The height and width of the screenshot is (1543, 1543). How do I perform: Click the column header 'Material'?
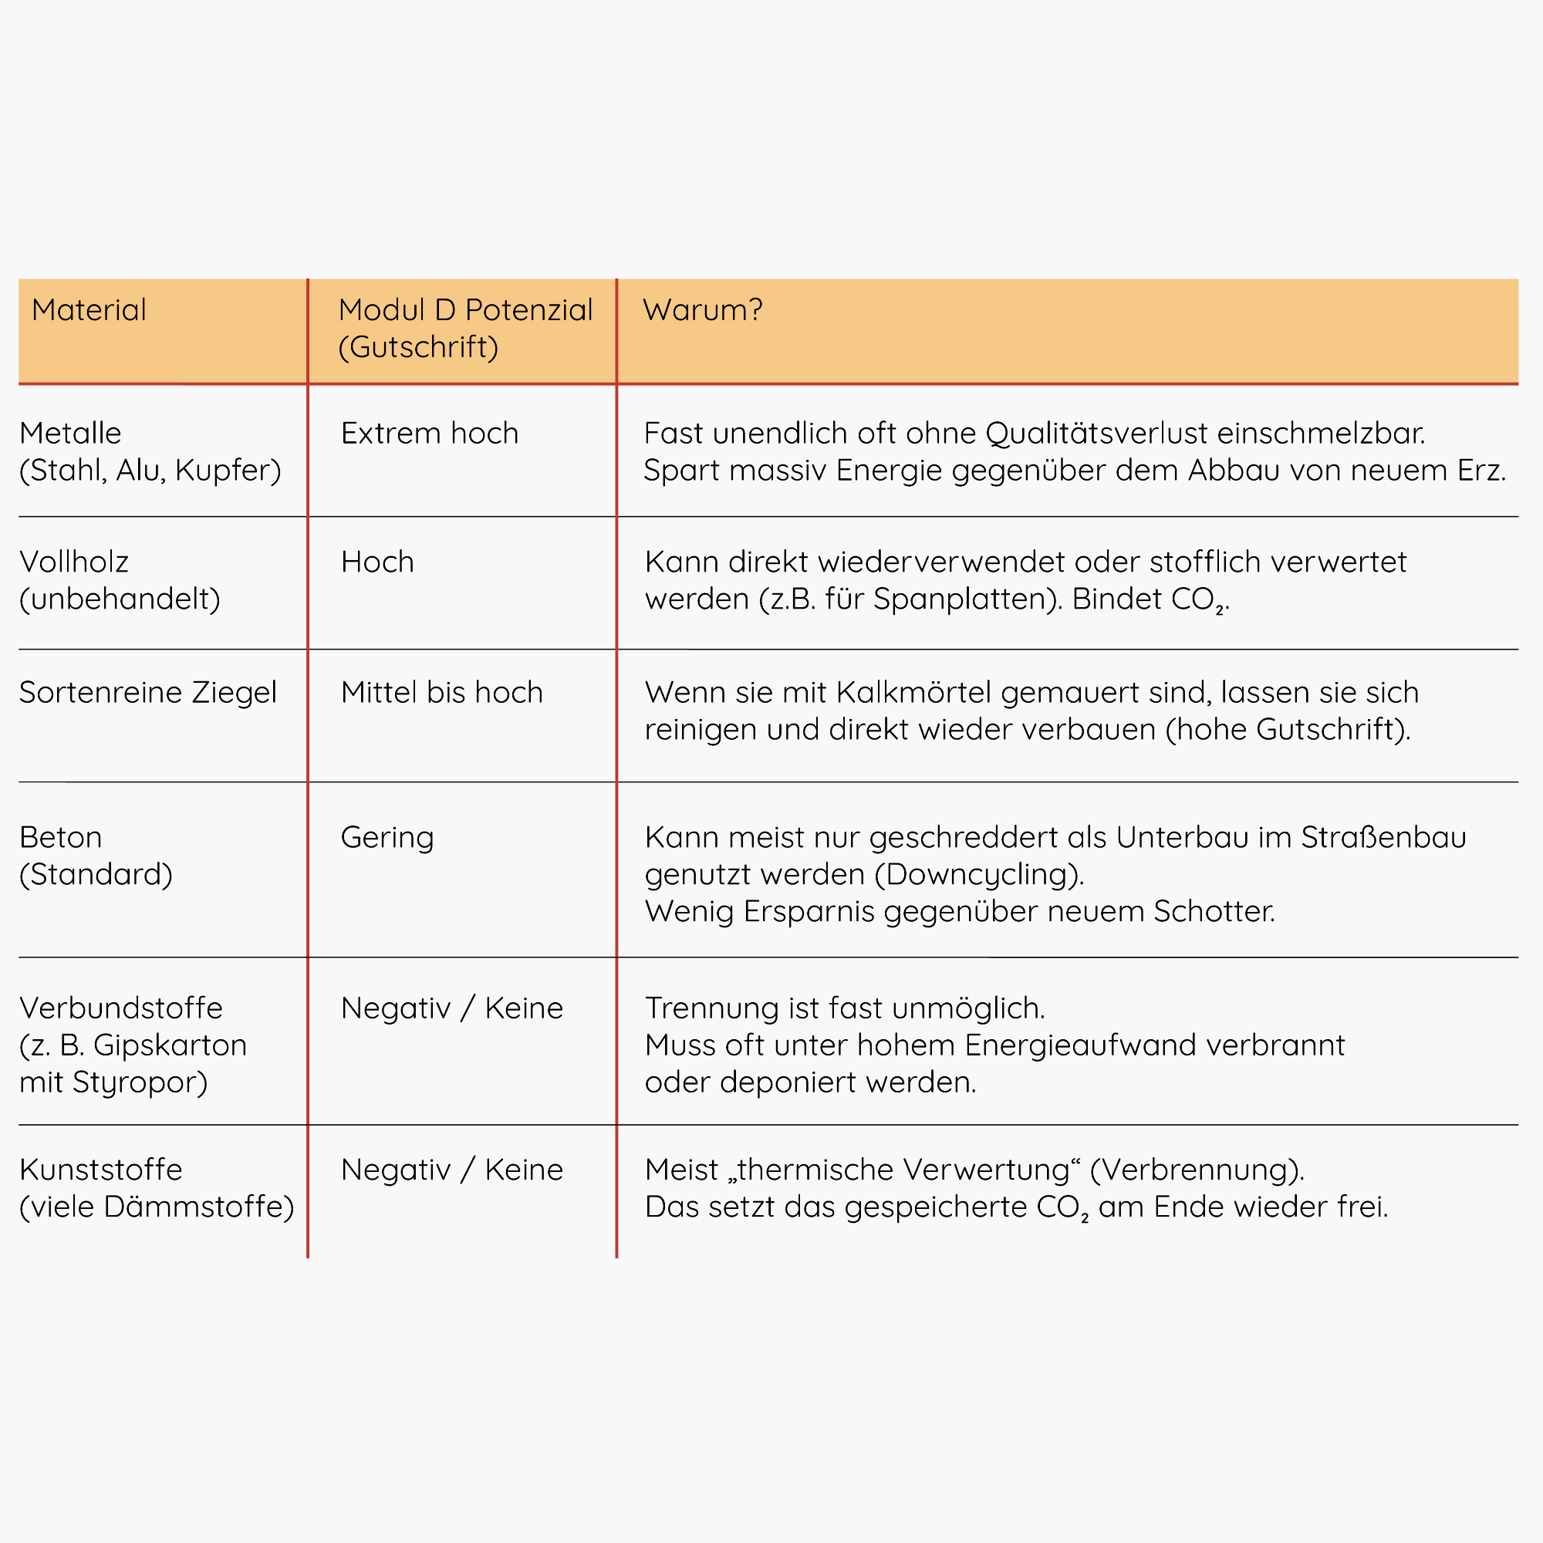[x=89, y=310]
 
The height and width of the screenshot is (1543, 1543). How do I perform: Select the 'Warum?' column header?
[x=703, y=310]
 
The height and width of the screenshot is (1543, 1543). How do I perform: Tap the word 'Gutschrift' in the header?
[x=418, y=347]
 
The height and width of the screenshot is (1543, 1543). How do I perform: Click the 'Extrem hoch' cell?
[x=430, y=434]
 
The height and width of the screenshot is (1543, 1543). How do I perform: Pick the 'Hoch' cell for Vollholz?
[x=377, y=562]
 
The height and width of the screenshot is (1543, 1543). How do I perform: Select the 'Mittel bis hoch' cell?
[x=441, y=693]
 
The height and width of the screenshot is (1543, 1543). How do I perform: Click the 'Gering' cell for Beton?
[x=387, y=838]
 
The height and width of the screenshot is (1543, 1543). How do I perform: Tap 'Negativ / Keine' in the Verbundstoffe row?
[x=452, y=1008]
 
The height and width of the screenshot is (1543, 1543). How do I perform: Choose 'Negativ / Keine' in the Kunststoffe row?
[x=452, y=1170]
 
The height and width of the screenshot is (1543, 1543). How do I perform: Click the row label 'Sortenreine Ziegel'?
[x=148, y=693]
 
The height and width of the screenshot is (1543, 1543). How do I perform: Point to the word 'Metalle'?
[x=70, y=434]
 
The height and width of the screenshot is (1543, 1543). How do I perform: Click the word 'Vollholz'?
[x=73, y=562]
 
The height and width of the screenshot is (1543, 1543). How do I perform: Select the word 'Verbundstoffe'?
[x=120, y=1008]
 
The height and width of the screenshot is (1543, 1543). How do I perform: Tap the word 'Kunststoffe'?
[x=100, y=1170]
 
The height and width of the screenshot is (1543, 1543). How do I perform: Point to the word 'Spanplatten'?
[x=964, y=599]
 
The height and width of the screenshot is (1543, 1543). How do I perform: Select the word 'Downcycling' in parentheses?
[x=979, y=876]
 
